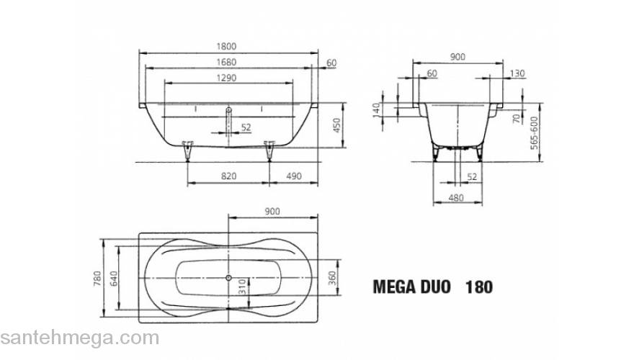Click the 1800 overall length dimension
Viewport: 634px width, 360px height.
[x=228, y=46]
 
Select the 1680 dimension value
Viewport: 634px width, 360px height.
[x=228, y=63]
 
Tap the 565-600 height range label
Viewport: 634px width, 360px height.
[x=534, y=132]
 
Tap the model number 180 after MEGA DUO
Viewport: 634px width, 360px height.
[x=479, y=287]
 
